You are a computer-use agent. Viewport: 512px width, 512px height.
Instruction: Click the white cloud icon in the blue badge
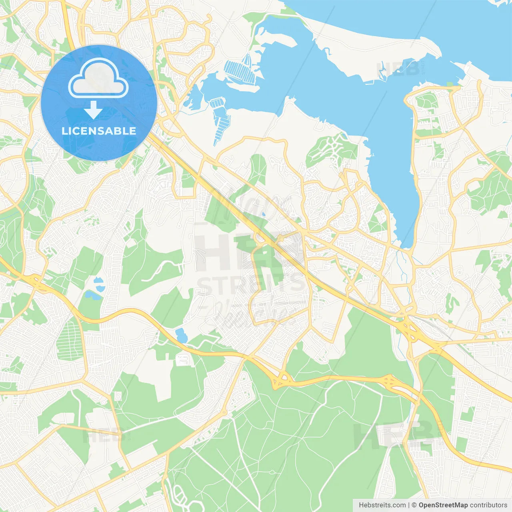pyautogui.click(x=98, y=78)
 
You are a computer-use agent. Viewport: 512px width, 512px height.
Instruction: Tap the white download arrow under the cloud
pyautogui.click(x=94, y=110)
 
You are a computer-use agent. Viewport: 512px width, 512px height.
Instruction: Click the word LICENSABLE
pyautogui.click(x=99, y=131)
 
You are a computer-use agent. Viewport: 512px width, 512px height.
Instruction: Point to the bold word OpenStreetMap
pyautogui.click(x=443, y=505)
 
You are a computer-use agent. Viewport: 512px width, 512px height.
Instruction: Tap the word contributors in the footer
pyautogui.click(x=488, y=505)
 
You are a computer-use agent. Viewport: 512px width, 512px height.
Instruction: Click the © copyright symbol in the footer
pyautogui.click(x=414, y=505)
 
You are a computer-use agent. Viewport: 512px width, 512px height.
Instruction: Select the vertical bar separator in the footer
pyautogui.click(x=409, y=505)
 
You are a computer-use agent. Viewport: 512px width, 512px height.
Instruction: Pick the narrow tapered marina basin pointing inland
pyautogui.click(x=220, y=120)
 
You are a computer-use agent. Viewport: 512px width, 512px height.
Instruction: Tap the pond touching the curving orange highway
pyautogui.click(x=181, y=335)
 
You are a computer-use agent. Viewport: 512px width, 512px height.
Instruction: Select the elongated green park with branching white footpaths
pyautogui.click(x=330, y=150)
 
